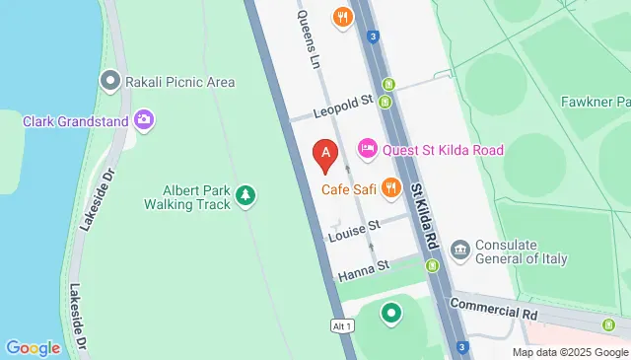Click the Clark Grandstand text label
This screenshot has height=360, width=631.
click(76, 122)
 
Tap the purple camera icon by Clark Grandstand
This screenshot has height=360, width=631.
click(145, 120)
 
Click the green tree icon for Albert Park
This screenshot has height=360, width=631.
click(245, 197)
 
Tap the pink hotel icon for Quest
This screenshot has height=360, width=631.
click(367, 149)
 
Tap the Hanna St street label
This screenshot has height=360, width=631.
click(364, 266)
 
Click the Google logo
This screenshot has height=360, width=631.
click(34, 347)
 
